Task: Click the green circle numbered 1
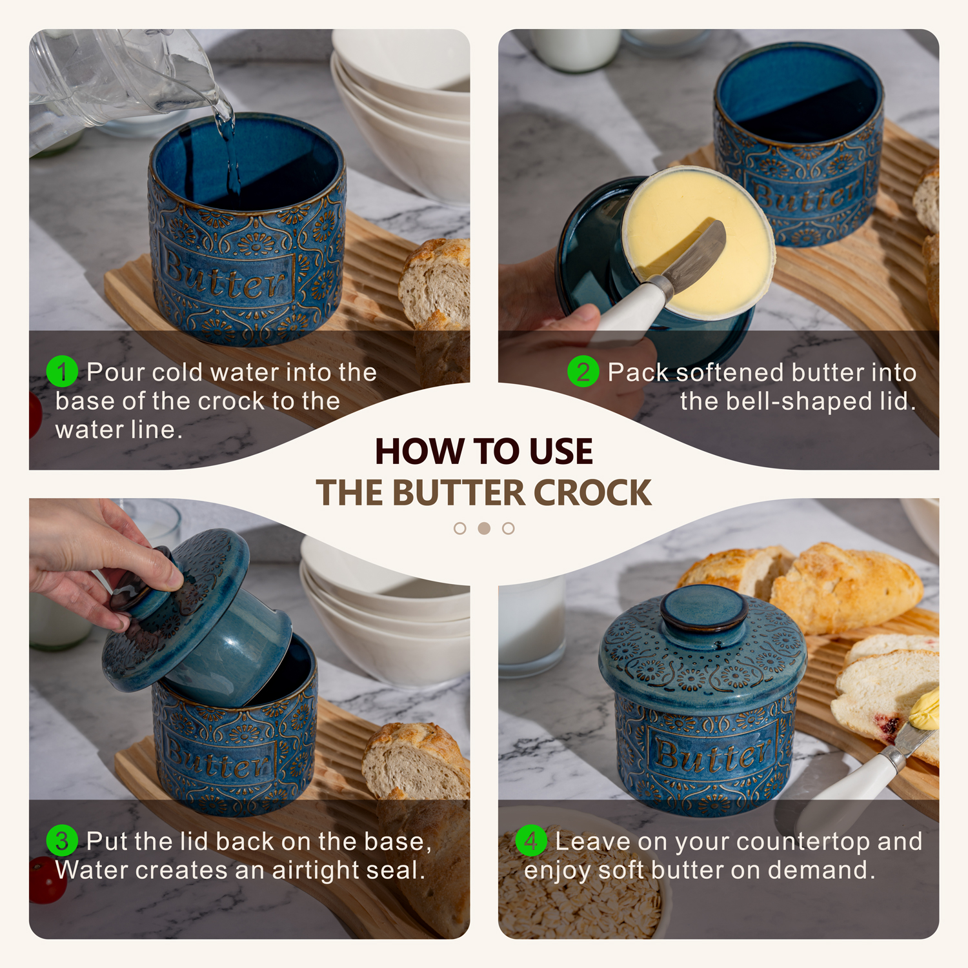[x=62, y=372]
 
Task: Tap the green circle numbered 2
[x=583, y=372]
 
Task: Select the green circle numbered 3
[x=62, y=841]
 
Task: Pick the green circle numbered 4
[x=531, y=841]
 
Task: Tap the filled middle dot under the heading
[x=484, y=529]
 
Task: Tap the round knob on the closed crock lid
[x=704, y=608]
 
